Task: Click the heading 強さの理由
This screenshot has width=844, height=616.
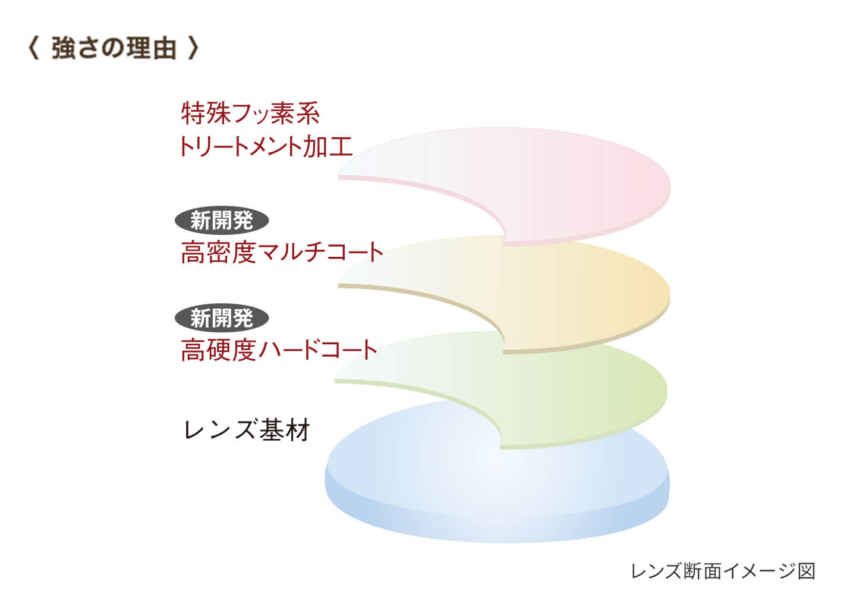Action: click(x=114, y=48)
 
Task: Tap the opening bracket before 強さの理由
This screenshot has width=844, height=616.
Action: click(x=33, y=48)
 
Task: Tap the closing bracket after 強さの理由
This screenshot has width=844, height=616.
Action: click(x=193, y=48)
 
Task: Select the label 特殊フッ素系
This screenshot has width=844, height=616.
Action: click(x=250, y=113)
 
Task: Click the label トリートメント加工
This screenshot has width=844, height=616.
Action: click(x=266, y=146)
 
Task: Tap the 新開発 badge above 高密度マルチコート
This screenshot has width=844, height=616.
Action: click(x=222, y=220)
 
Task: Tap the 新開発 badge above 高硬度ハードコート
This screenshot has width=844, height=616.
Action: click(x=222, y=318)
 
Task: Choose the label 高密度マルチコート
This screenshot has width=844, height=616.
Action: click(x=282, y=252)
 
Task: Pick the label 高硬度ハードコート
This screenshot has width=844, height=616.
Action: click(x=279, y=350)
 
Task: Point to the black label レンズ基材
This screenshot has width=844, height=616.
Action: click(x=247, y=429)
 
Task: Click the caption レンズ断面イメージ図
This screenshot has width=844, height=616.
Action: click(x=723, y=571)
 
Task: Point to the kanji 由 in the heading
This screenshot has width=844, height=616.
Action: click(x=164, y=48)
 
